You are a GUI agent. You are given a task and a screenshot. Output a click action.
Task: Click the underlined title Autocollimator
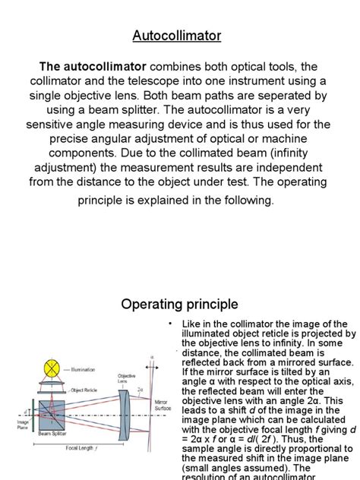coord(177,36)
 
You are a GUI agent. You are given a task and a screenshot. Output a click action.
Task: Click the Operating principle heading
coord(179,304)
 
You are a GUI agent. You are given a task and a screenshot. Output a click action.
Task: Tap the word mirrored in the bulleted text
coord(282,363)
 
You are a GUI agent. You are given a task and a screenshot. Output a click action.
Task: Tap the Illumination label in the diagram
coord(83,370)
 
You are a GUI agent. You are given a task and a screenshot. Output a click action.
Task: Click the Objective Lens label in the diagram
coord(127,378)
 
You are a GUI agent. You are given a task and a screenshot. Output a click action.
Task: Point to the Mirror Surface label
coord(163,405)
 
